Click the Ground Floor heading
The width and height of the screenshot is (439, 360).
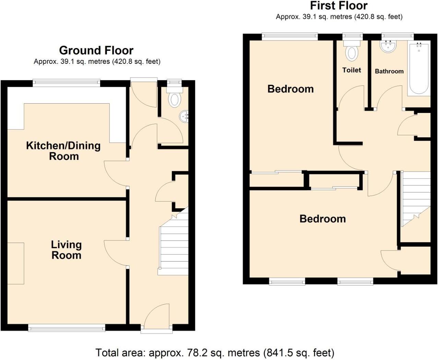click(96, 50)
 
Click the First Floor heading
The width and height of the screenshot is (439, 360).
click(339, 5)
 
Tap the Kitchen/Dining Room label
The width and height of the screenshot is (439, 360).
click(63, 151)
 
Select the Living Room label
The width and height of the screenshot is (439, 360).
click(66, 250)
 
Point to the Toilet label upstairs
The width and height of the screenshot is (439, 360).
click(352, 70)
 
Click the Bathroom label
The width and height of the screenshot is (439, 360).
click(389, 71)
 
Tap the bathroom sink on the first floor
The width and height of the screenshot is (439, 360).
click(389, 47)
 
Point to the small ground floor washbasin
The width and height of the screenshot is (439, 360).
click(184, 116)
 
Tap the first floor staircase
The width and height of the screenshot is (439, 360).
click(416, 196)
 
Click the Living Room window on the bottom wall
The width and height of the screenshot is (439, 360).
click(67, 328)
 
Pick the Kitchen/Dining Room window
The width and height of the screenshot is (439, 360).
click(67, 82)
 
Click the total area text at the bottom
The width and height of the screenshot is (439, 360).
click(215, 352)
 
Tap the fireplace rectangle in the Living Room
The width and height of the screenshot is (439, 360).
click(16, 263)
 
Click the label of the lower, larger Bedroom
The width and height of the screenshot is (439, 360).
click(322, 219)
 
